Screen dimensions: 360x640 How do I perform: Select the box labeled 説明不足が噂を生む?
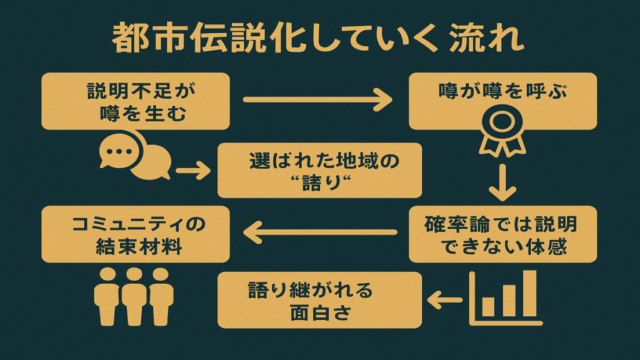pos(136,102)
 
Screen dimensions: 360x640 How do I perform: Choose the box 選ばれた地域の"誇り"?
pos(319,171)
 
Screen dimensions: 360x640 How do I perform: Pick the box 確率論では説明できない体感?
pos(502,234)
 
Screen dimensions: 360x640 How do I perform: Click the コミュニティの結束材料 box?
pos(136,234)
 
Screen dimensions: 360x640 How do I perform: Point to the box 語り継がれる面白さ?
pos(319,300)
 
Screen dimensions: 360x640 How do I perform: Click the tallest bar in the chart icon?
pos(529,293)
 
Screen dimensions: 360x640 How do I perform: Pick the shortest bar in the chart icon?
pos(488,306)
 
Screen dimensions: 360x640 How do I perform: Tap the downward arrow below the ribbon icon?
pos(502,182)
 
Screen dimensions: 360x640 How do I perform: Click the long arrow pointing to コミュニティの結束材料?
pos(319,233)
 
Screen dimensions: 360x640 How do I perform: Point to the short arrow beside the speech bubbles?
pos(192,171)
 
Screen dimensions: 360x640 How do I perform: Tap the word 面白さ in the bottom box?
pos(321,311)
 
